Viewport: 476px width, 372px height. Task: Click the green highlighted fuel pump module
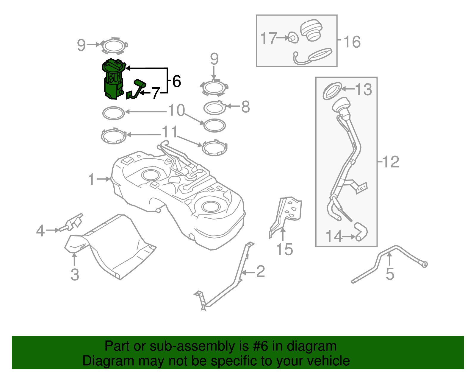pyautogui.click(x=113, y=80)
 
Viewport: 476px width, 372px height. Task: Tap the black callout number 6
pyautogui.click(x=176, y=81)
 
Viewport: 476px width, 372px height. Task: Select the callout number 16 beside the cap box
pyautogui.click(x=352, y=42)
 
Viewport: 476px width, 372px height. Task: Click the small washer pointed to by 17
pyautogui.click(x=293, y=38)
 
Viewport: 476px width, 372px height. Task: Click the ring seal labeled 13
pyautogui.click(x=332, y=91)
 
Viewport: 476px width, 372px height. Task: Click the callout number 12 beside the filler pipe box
pyautogui.click(x=391, y=162)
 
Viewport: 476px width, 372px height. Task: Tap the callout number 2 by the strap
pyautogui.click(x=260, y=271)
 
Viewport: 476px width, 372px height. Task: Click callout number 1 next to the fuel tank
pyautogui.click(x=91, y=180)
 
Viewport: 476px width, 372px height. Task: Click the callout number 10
pyautogui.click(x=176, y=110)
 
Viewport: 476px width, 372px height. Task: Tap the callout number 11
pyautogui.click(x=170, y=132)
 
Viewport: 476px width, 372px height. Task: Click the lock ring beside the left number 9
pyautogui.click(x=114, y=46)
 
